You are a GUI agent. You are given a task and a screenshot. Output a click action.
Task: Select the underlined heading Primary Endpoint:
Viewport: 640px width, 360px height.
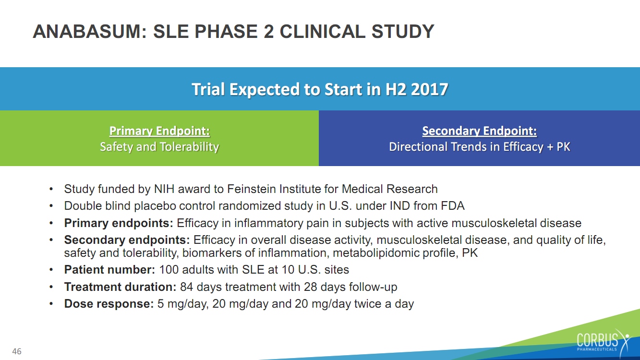coord(159,131)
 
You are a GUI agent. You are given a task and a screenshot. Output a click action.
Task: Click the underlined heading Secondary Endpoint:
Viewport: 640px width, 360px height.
coord(480,131)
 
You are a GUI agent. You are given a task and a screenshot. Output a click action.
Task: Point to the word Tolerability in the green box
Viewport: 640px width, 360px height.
coord(189,147)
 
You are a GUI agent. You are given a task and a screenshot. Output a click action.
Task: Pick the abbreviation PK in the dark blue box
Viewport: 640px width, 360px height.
coord(563,147)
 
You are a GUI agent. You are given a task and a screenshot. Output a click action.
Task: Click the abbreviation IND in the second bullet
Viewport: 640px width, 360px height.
coord(400,206)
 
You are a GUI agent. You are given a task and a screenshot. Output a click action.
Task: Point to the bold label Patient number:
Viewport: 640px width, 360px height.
coord(109,270)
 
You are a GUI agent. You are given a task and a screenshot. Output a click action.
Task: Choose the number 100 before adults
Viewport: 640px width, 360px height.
coord(169,270)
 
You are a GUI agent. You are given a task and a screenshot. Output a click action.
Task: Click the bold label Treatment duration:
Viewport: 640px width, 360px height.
coord(121,287)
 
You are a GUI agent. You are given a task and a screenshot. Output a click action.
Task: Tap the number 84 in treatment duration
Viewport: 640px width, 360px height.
coord(187,287)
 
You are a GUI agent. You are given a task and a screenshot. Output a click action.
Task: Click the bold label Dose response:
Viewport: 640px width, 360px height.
coord(109,304)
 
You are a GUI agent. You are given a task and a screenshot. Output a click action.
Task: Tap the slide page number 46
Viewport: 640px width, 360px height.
coord(17,351)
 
